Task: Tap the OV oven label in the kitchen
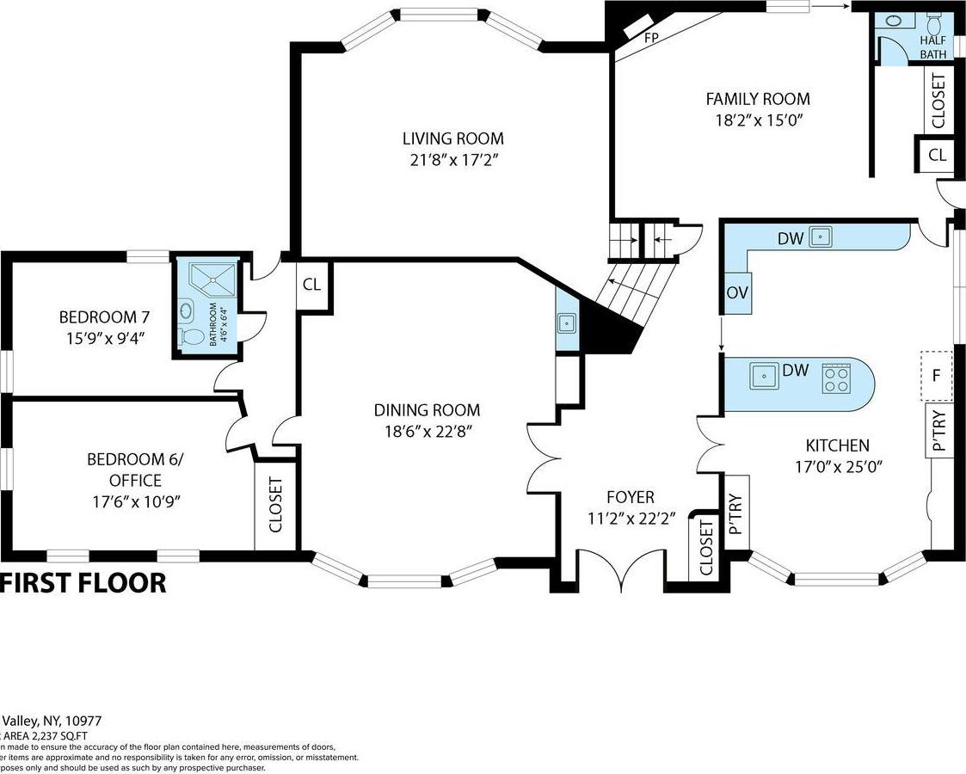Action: (737, 292)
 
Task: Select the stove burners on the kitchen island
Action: (834, 378)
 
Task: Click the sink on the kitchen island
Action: (762, 376)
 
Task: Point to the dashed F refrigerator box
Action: (938, 376)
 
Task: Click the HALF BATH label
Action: (932, 47)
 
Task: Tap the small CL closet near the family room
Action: (937, 156)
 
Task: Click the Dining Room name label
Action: (427, 410)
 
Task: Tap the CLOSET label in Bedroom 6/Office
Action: (276, 505)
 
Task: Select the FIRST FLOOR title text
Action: (83, 582)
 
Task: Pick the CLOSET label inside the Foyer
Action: (705, 548)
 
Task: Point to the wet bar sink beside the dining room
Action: (567, 322)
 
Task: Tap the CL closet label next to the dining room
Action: (311, 283)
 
